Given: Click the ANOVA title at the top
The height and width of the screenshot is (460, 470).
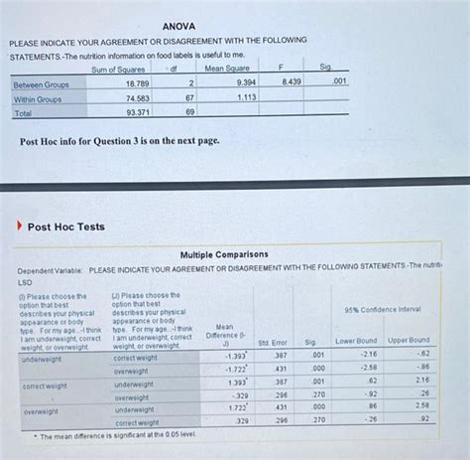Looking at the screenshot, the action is pos(179,25).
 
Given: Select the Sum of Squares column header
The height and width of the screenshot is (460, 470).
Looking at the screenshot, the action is pos(118,69).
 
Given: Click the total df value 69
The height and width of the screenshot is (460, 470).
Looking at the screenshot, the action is pos(187,113).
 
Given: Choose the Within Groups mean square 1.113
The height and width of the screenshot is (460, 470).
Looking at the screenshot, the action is pos(245,97).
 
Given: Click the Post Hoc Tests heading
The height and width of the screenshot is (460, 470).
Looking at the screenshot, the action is pos(65,227).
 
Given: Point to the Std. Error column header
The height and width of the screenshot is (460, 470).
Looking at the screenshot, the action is pos(273,343).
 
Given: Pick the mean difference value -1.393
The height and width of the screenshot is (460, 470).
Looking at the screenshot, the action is pos(234,356).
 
